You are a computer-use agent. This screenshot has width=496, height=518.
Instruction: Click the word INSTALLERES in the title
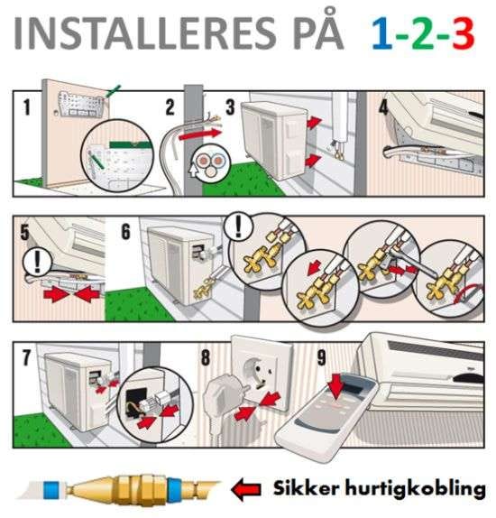144,33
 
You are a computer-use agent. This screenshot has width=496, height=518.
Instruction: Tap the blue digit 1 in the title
381,33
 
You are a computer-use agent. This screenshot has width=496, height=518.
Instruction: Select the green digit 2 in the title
423,33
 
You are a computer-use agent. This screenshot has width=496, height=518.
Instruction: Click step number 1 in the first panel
26,107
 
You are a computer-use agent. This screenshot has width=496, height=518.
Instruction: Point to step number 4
383,106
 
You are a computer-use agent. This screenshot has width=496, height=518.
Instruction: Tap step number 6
126,231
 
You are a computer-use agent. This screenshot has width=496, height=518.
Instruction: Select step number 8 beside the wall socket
206,357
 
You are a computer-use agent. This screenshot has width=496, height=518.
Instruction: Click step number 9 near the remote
322,357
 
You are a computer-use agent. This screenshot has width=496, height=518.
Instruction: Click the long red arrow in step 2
200,134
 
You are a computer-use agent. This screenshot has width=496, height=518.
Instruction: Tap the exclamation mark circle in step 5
37,263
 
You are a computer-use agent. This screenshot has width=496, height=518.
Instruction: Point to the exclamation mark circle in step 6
238,227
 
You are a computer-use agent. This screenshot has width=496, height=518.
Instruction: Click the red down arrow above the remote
336,385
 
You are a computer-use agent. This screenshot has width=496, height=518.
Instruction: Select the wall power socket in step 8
261,374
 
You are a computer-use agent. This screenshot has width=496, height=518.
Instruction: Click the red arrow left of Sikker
246,489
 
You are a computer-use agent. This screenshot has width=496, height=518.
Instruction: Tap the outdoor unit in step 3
275,140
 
